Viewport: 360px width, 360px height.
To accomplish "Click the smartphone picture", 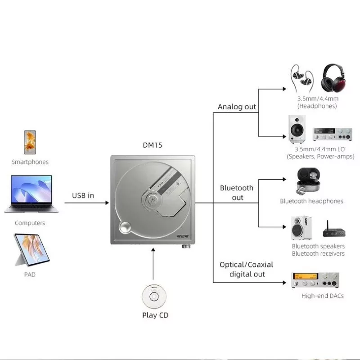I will (30, 142).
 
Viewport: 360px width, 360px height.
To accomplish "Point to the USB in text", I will (83, 195).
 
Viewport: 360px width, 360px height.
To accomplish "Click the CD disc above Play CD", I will (153, 297).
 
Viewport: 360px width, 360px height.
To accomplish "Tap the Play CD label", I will (155, 315).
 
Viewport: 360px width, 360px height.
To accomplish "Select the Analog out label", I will (237, 107).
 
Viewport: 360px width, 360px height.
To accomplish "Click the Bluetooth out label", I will (237, 193).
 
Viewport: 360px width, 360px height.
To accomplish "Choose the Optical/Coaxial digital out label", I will (246, 269).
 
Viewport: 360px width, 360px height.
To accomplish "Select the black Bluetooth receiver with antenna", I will (333, 231).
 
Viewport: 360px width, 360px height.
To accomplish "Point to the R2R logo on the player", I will (183, 234).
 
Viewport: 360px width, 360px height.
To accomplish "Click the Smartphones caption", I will (30, 162).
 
